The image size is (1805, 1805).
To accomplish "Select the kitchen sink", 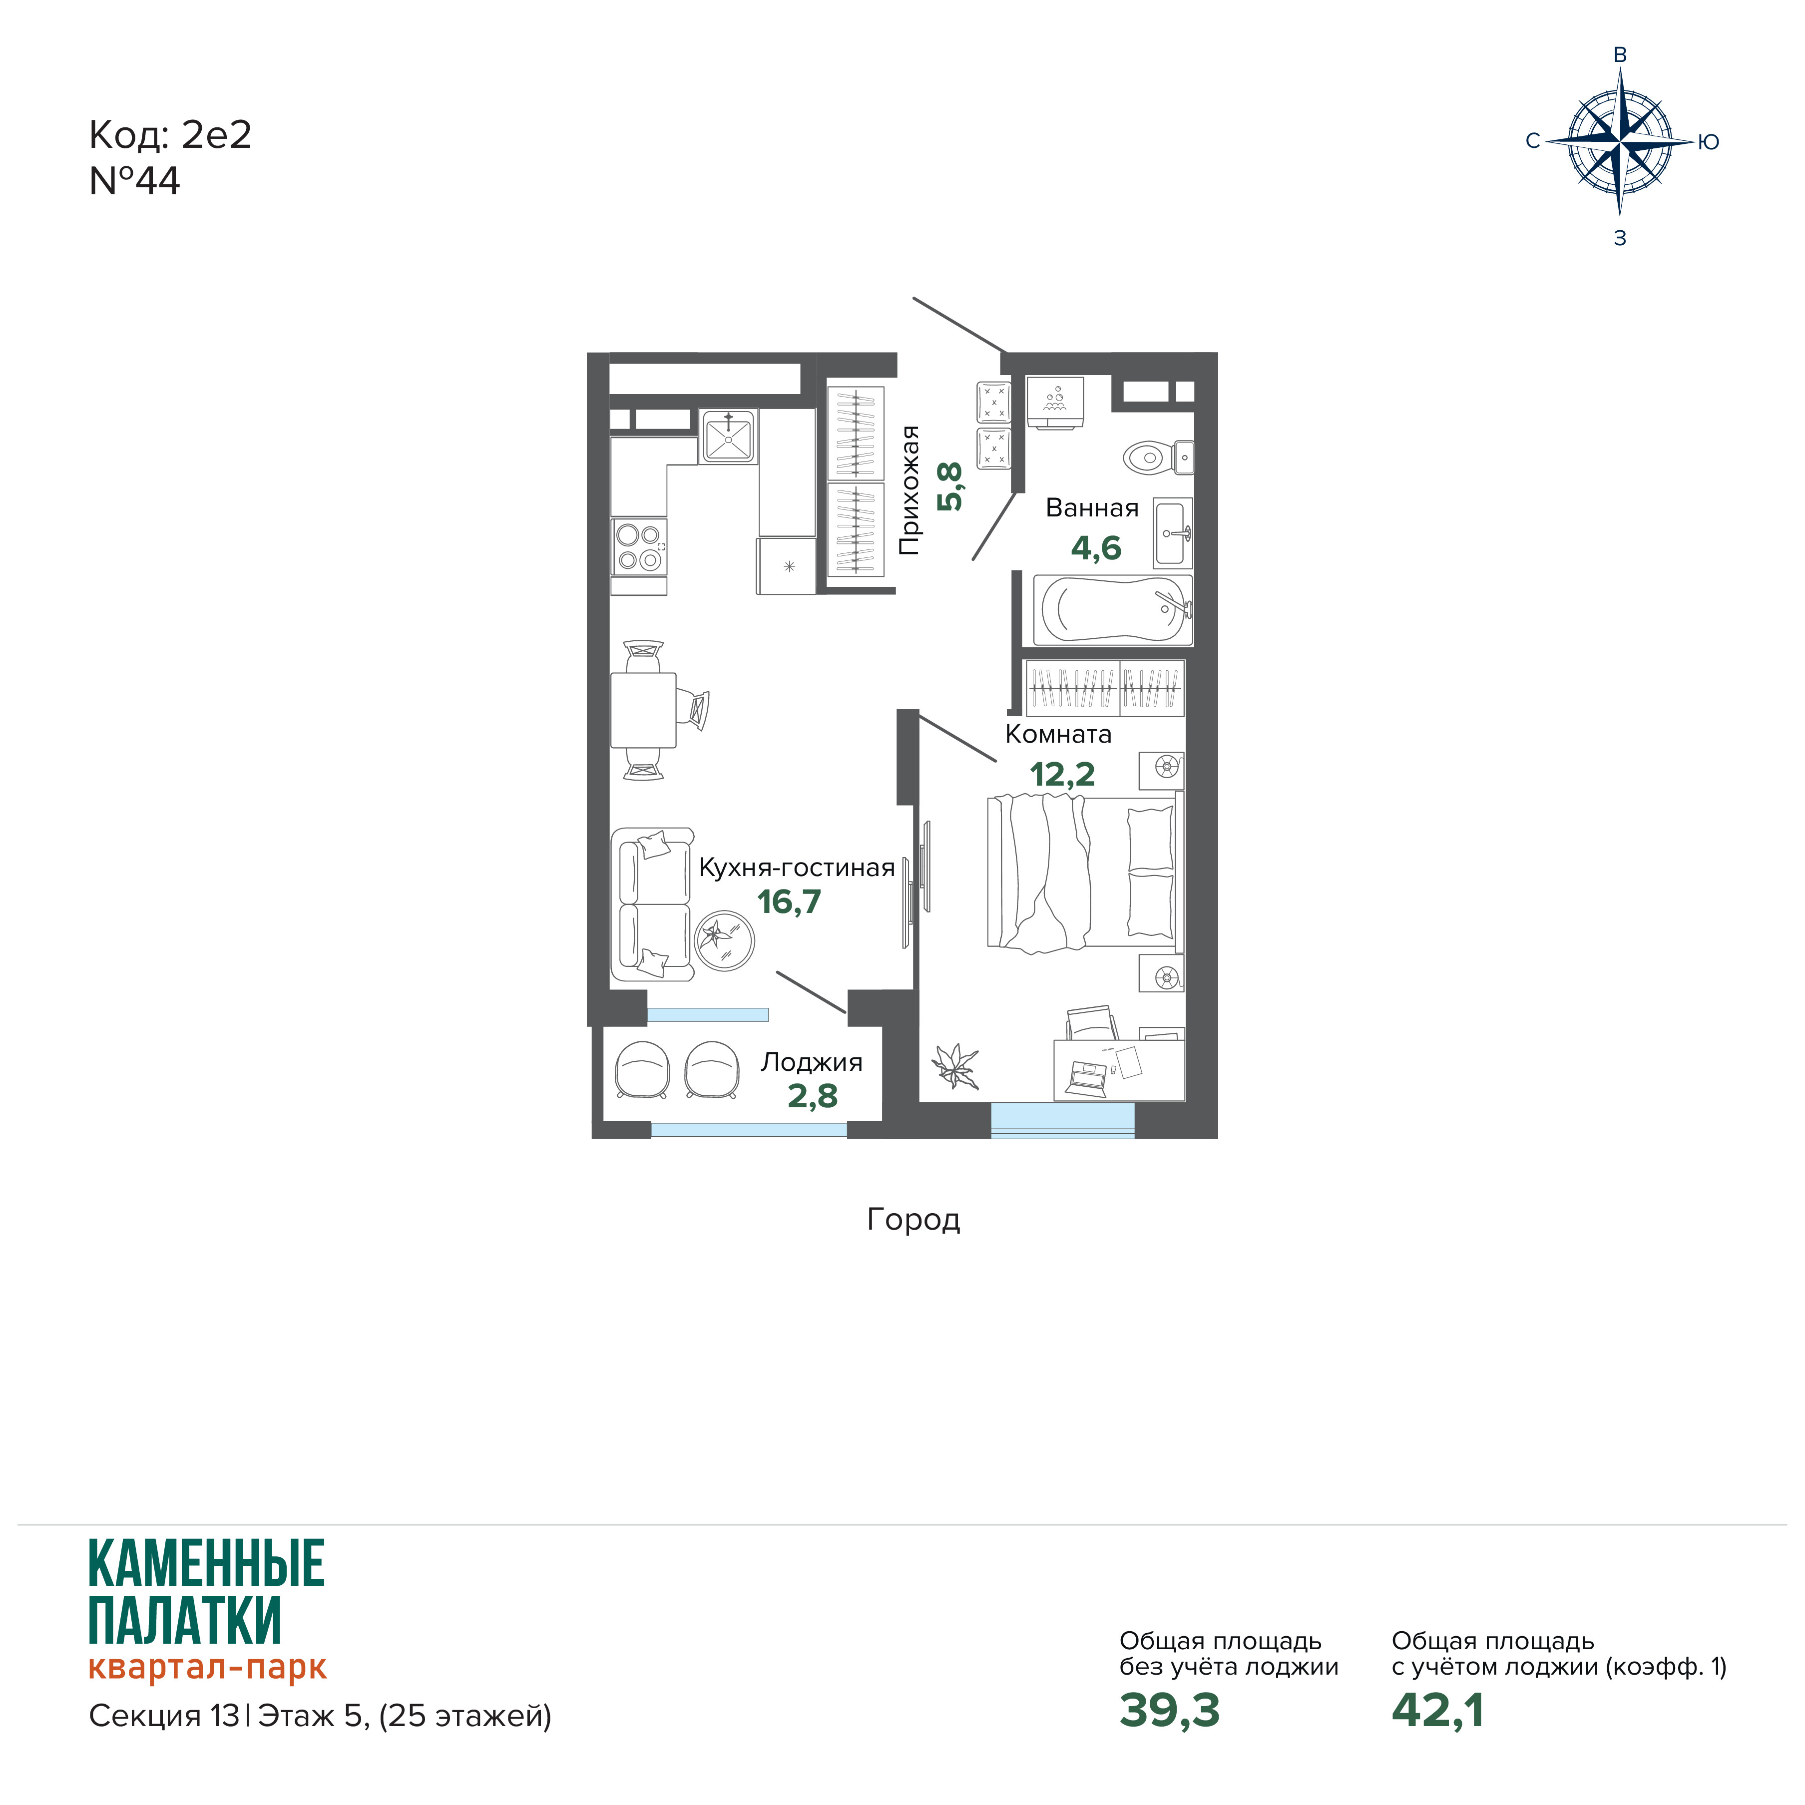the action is pyautogui.click(x=728, y=437).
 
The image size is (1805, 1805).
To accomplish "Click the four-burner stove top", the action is pyautogui.click(x=639, y=546).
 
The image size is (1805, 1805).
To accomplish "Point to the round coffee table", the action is pyautogui.click(x=724, y=940).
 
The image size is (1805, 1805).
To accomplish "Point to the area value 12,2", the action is pyautogui.click(x=1062, y=775).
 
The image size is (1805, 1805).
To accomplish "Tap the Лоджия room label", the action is pyautogui.click(x=811, y=1062).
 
